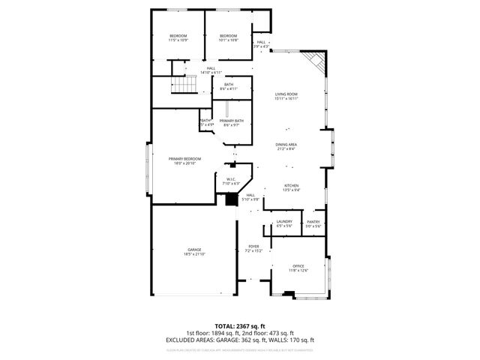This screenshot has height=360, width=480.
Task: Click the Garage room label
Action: click(194, 249)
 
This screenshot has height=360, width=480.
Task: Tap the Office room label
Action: click(299, 266)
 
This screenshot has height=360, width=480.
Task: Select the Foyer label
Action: click(253, 245)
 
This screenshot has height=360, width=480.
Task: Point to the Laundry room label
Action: click(283, 221)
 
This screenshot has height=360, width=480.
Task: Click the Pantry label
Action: click(313, 221)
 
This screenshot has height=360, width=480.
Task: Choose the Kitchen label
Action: click(291, 185)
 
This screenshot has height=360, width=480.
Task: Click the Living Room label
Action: click(286, 94)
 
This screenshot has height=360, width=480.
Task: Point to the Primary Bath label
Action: click(231, 121)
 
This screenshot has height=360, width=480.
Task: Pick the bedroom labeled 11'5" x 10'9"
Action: click(178, 36)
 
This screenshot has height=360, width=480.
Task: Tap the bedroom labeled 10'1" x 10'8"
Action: click(228, 36)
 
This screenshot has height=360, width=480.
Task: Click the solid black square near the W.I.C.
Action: click(231, 199)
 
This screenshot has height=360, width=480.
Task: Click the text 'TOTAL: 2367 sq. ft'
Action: click(239, 326)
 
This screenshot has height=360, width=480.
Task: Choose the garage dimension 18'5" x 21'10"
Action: click(194, 254)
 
